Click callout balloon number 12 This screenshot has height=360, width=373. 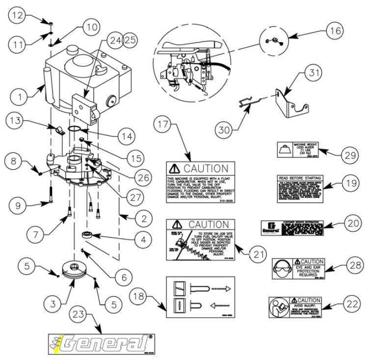point(18,15)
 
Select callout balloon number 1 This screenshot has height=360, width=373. point(18,97)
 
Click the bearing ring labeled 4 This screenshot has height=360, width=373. point(88,233)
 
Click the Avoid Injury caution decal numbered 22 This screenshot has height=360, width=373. point(295,308)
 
